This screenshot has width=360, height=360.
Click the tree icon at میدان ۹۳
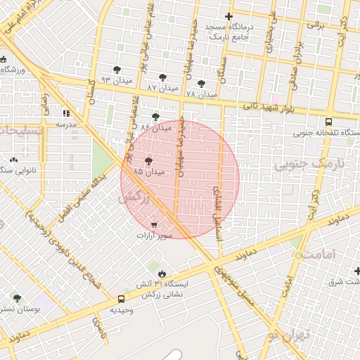point(117,69)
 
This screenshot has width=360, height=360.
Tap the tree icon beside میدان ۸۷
point(163,77)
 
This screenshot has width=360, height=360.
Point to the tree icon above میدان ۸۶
point(155,117)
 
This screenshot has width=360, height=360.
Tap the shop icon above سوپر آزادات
point(154,225)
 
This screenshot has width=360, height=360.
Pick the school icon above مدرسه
point(66,113)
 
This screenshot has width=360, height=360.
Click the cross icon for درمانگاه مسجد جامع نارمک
point(228,17)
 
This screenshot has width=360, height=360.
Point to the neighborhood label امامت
point(316,253)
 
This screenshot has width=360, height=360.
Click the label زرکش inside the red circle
point(136,199)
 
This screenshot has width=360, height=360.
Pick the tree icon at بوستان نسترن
point(17,298)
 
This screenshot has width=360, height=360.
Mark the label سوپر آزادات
point(154,236)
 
